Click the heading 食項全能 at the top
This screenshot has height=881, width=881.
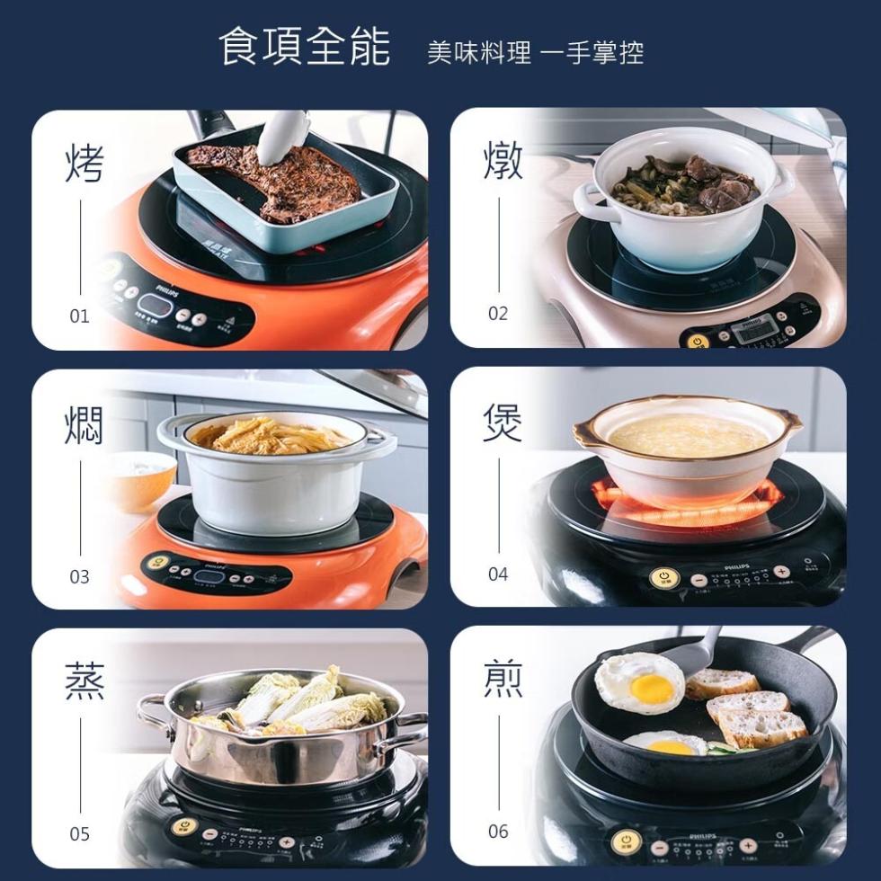[305, 47]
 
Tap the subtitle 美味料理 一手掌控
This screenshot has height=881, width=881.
[536, 53]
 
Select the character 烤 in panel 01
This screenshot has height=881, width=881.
[85, 163]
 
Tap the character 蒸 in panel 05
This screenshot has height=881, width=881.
[85, 681]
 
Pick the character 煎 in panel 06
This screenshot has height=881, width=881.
[502, 678]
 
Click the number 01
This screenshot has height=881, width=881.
[80, 316]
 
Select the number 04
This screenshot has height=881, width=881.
[498, 574]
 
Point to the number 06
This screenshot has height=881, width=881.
[498, 832]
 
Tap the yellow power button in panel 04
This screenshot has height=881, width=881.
[663, 578]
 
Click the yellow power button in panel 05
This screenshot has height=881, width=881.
[183, 826]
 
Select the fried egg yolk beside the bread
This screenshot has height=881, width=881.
[651, 689]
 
